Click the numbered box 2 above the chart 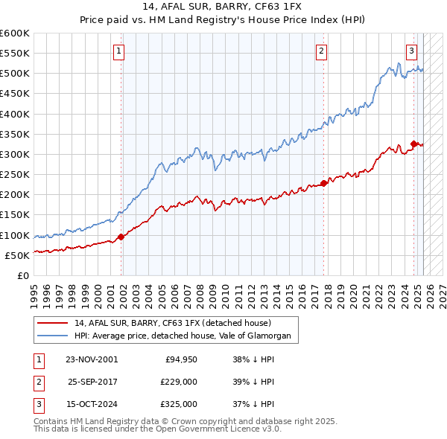[x=321, y=51]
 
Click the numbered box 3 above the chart [x=411, y=51]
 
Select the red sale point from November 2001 [x=121, y=237]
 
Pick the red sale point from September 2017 [x=323, y=182]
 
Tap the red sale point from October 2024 [x=413, y=144]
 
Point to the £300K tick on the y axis [x=14, y=154]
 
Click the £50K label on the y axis [x=17, y=255]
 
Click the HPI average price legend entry [x=186, y=336]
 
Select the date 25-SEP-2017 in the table [x=92, y=382]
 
